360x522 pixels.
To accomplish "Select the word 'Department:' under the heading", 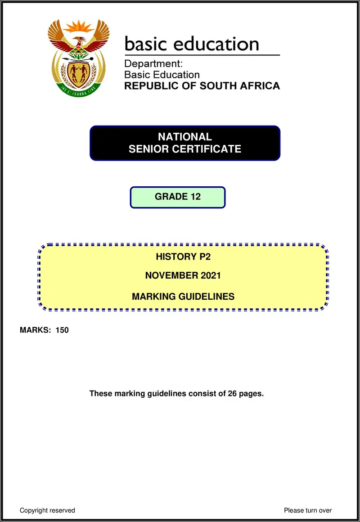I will [153, 64].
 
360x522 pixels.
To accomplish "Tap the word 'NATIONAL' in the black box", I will [185, 137].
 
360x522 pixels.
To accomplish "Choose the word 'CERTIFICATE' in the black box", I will [211, 149].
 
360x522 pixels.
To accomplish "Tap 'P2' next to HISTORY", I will [203, 257].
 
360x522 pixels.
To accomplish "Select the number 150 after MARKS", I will [62, 330].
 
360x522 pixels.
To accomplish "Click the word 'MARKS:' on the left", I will [36, 330].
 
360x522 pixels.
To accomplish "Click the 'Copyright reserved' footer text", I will [47, 510].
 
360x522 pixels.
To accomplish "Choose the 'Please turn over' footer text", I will [308, 510].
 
